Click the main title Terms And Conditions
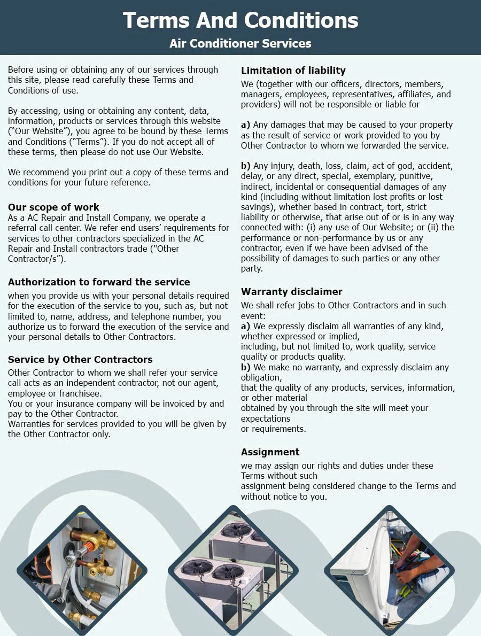[241, 20]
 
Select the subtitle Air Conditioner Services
[241, 43]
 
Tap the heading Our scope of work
[53, 207]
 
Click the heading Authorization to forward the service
[99, 282]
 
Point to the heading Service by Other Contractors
[80, 360]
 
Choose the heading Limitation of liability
[293, 71]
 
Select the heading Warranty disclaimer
[292, 292]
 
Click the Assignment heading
[270, 452]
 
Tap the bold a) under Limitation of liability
[245, 125]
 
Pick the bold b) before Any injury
[245, 166]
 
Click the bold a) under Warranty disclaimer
[245, 326]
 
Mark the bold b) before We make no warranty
[245, 368]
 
